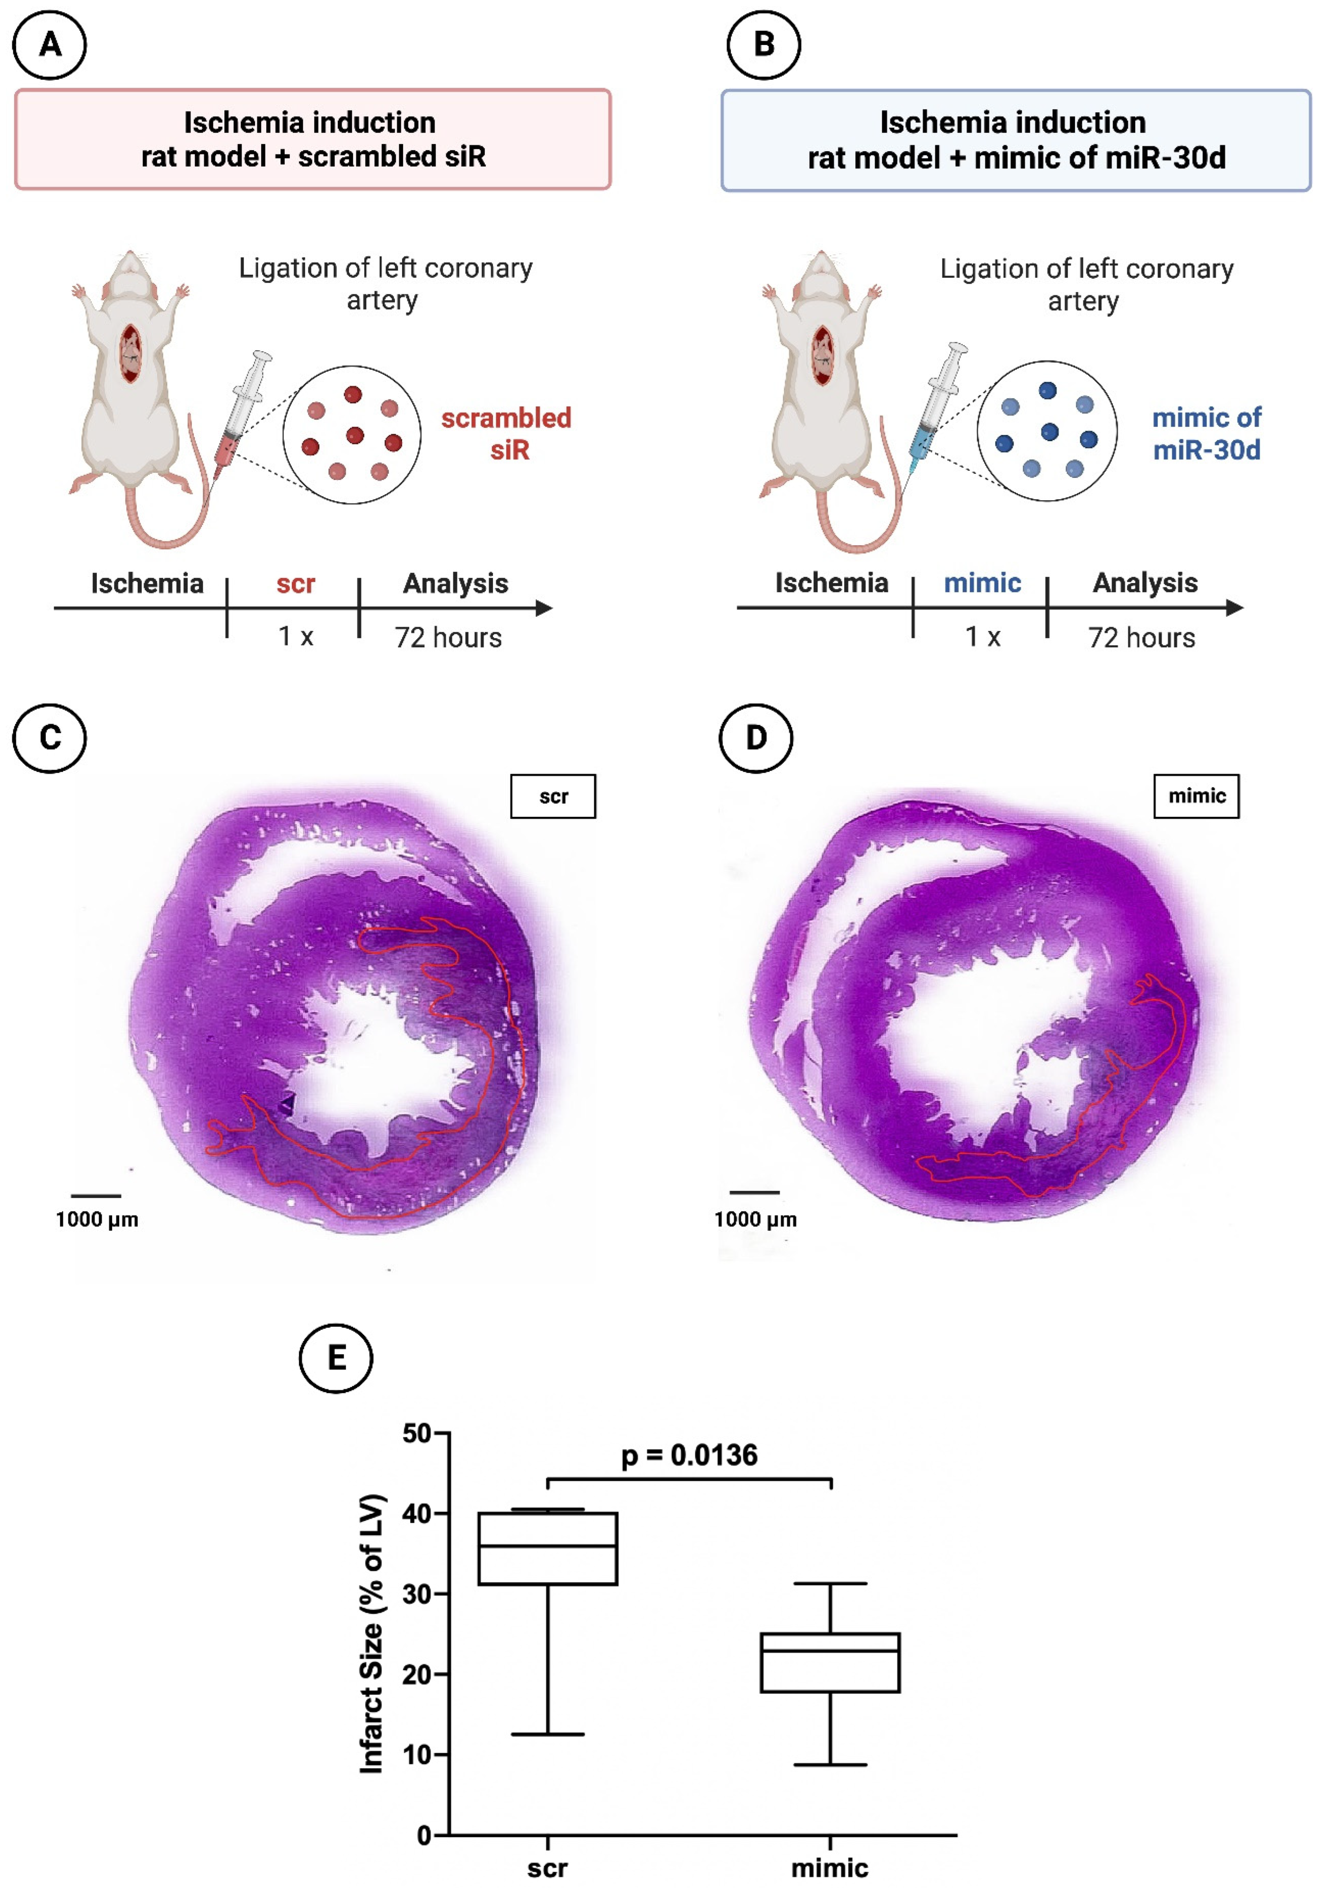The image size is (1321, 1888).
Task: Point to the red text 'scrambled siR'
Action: coord(506,433)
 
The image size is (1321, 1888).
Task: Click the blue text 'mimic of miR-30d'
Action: coord(1206,433)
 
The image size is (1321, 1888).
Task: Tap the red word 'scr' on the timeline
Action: coord(295,584)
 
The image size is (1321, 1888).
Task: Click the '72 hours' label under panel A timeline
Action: coord(448,637)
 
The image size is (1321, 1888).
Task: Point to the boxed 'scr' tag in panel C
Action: coord(553,796)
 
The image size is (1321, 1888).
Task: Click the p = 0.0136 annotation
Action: coord(689,1455)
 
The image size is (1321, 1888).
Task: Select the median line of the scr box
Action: coord(547,1546)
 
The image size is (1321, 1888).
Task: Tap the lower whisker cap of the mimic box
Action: coord(830,1765)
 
